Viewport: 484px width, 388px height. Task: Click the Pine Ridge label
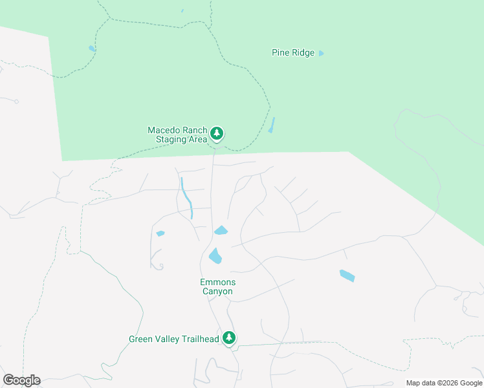[292, 53]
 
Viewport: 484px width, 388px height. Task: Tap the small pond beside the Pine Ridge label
[321, 53]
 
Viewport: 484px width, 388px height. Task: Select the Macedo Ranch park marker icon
[217, 134]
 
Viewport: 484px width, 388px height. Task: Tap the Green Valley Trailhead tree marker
[228, 338]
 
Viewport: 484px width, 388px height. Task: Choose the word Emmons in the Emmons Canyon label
[217, 283]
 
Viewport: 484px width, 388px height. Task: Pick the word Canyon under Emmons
[217, 292]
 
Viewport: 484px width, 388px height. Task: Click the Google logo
[21, 380]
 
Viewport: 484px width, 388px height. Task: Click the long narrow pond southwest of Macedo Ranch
[187, 197]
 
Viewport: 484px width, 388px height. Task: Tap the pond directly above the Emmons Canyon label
[215, 257]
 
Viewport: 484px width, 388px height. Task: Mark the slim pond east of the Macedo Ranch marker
[272, 125]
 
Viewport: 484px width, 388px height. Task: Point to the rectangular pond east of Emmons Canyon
[347, 276]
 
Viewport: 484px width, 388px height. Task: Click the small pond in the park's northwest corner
[92, 48]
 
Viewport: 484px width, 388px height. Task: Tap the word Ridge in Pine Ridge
[303, 53]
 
